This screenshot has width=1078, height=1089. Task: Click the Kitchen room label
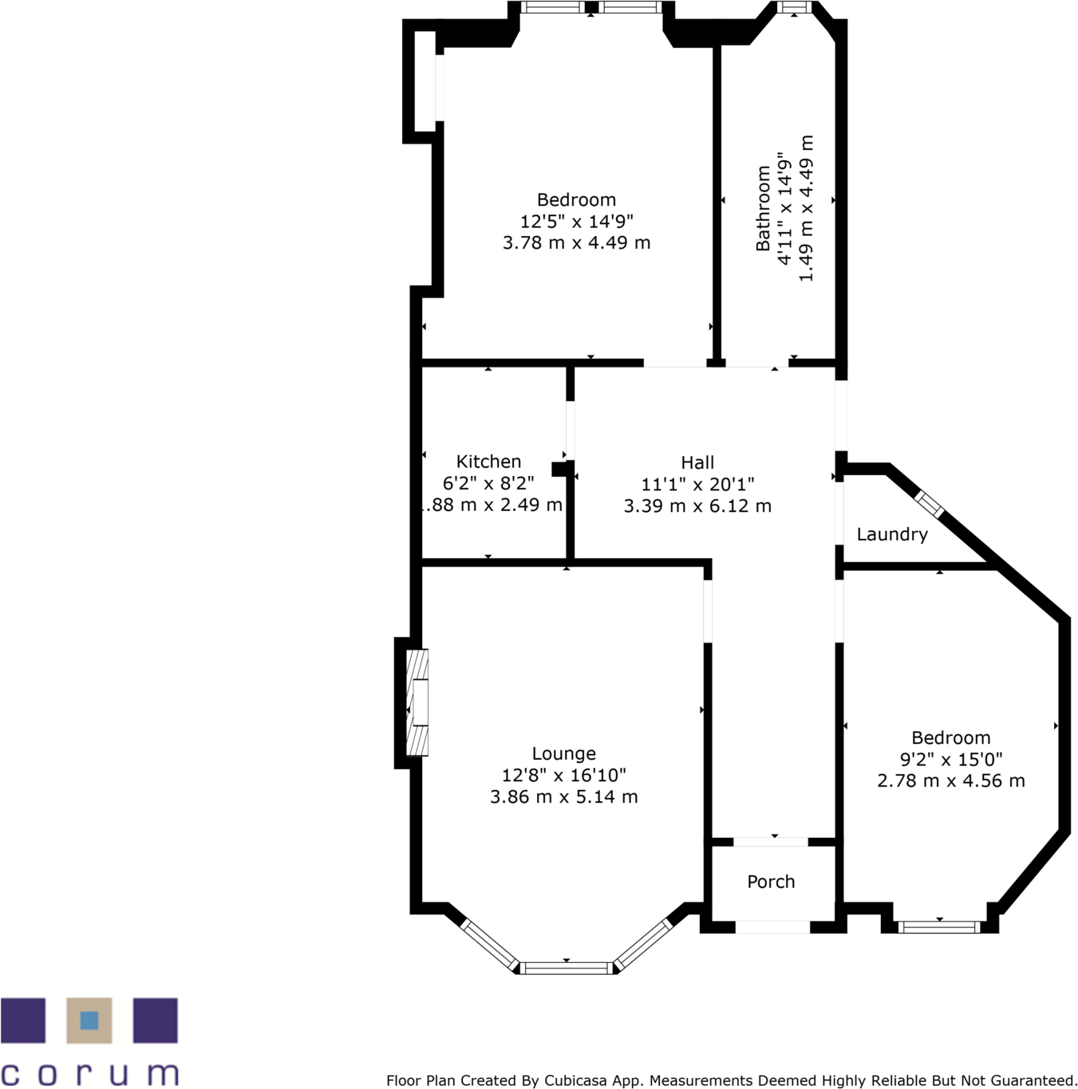pyautogui.click(x=488, y=462)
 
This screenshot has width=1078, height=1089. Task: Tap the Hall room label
pyautogui.click(x=697, y=462)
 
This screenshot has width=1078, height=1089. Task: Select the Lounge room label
pyautogui.click(x=563, y=753)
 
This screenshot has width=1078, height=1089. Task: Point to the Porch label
pyautogui.click(x=771, y=882)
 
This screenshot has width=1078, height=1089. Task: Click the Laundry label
pyautogui.click(x=892, y=534)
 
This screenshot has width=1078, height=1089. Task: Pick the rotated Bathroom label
pyautogui.click(x=764, y=208)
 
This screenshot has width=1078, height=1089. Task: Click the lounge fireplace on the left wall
pyautogui.click(x=417, y=702)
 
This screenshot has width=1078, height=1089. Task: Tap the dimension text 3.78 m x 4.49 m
pyautogui.click(x=576, y=242)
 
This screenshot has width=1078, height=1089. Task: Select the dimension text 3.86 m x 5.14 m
pyautogui.click(x=563, y=796)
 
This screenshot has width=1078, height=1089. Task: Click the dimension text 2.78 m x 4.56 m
pyautogui.click(x=950, y=780)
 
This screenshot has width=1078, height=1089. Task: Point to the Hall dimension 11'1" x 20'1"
pyautogui.click(x=697, y=484)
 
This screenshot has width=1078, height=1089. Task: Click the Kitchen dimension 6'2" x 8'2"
pyautogui.click(x=488, y=483)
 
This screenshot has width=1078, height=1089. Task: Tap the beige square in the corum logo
pyautogui.click(x=89, y=1020)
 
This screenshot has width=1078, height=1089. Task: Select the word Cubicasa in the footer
pyautogui.click(x=575, y=1080)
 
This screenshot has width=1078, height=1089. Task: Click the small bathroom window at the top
pyautogui.click(x=793, y=8)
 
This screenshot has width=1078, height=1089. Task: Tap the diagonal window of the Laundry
pyautogui.click(x=929, y=504)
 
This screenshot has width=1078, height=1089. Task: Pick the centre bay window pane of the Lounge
pyautogui.click(x=567, y=969)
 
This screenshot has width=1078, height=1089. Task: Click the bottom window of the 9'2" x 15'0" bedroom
pyautogui.click(x=939, y=926)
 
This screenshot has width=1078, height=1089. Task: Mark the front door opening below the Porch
pyautogui.click(x=772, y=927)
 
